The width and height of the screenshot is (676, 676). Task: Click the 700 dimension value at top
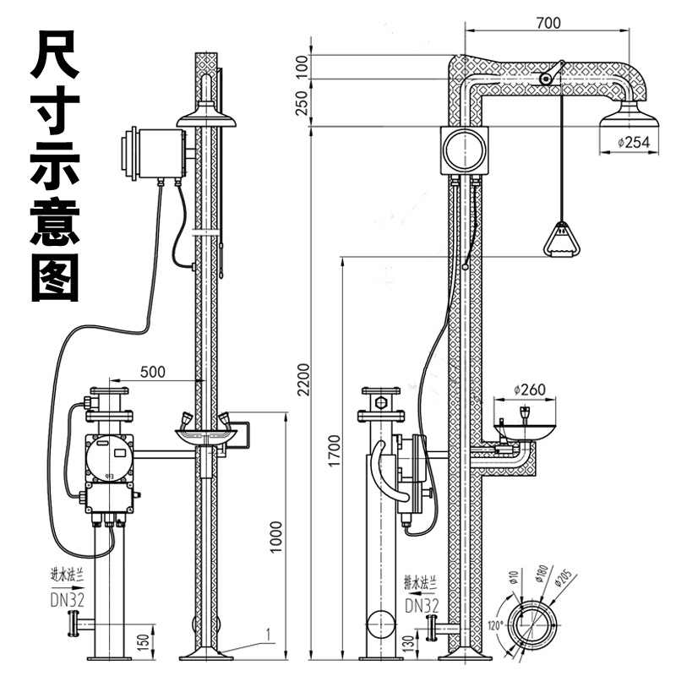[x=548, y=23]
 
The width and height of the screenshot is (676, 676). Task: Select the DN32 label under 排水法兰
[x=421, y=604]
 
